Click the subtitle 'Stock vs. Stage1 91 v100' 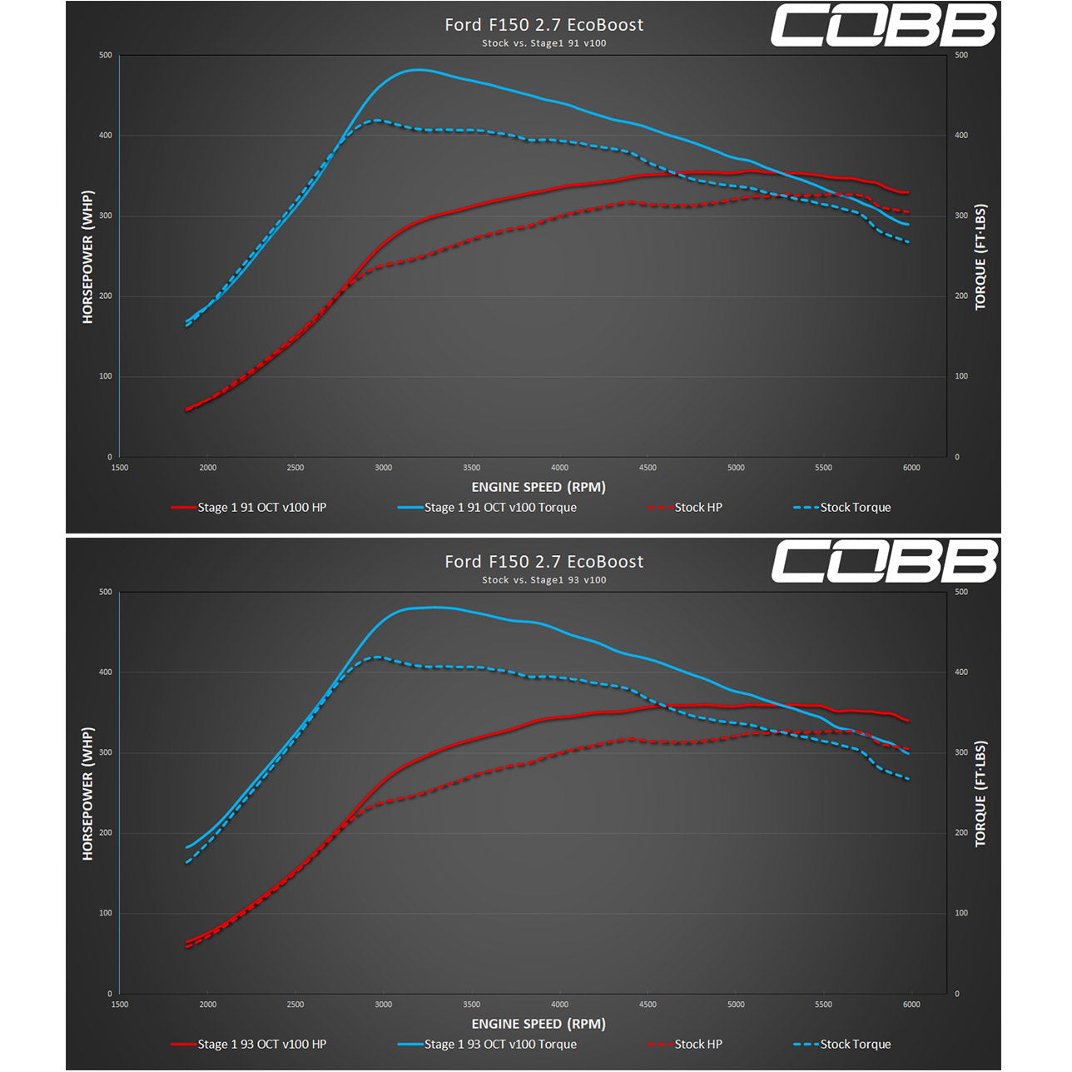[x=543, y=43]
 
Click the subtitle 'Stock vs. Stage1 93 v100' [x=543, y=580]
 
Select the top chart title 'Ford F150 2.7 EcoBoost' [x=543, y=25]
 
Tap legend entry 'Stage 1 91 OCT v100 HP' [x=261, y=507]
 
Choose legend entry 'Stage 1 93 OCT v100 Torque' [x=499, y=1044]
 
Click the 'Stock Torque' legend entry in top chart [x=855, y=507]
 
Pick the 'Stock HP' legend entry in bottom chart [x=697, y=1044]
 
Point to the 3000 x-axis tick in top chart [x=383, y=468]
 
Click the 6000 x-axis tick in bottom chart [x=911, y=1005]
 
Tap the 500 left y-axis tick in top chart [x=106, y=55]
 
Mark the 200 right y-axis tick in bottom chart [x=961, y=832]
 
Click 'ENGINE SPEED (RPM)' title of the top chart [x=538, y=487]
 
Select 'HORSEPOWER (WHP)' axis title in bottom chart [x=87, y=793]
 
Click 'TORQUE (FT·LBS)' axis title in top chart [x=980, y=256]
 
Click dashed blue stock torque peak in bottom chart [x=377, y=657]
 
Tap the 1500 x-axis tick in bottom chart [x=120, y=1005]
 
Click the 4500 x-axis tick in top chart [x=648, y=468]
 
